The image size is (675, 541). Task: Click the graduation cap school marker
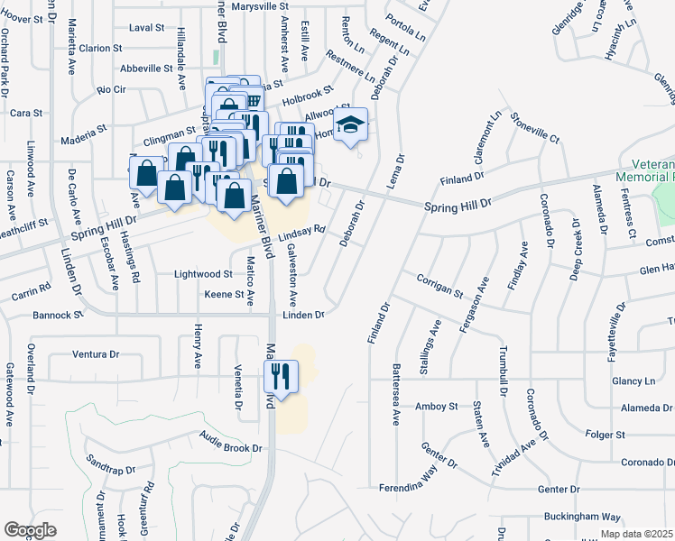point(352,125)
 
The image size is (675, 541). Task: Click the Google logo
point(30,530)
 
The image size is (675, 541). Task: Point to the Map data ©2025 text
point(636,534)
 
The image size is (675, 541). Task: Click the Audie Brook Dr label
point(231,447)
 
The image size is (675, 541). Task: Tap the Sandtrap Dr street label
point(111,471)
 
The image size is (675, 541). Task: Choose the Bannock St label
point(59,316)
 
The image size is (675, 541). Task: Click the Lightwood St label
point(202,273)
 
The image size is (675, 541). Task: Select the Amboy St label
point(438,407)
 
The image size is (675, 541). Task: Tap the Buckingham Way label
point(582,518)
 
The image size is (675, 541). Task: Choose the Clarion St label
point(100,48)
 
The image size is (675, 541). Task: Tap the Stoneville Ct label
point(534,128)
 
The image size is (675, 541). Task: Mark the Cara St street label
point(26,113)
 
